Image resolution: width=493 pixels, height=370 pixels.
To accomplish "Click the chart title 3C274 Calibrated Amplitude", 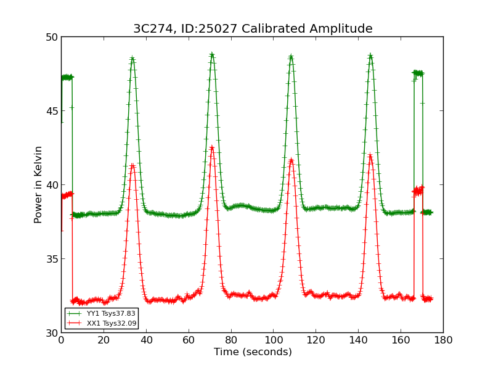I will coord(253,29).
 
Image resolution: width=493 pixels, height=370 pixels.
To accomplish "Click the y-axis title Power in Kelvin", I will coord(38,184).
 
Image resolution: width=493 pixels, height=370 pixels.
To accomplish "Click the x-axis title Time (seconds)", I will coord(253,352).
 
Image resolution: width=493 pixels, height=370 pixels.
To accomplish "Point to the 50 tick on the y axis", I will coord(51,37).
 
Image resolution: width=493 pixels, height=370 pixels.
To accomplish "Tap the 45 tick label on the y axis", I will coord(51,111).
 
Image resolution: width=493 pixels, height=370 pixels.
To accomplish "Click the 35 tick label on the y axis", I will coord(51,259).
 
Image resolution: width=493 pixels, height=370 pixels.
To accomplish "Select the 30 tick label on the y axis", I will coord(51,333).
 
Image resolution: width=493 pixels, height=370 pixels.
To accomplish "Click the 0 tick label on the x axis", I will coord(61,340).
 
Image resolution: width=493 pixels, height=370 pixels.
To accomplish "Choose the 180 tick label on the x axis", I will coord(443,340).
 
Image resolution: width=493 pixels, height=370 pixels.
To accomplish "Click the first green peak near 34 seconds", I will coord(132,59).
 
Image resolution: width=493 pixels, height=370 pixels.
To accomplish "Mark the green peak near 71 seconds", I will coord(211,55).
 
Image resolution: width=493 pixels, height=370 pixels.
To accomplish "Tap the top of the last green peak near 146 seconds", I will coord(370,56).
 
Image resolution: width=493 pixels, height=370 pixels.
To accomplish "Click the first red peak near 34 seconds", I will coord(132,165).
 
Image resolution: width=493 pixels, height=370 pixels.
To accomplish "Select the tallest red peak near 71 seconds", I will coord(211,147).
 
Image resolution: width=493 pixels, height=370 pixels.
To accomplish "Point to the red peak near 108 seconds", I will coord(291,160).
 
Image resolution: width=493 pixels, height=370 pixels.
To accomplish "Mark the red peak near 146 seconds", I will coord(370,155).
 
